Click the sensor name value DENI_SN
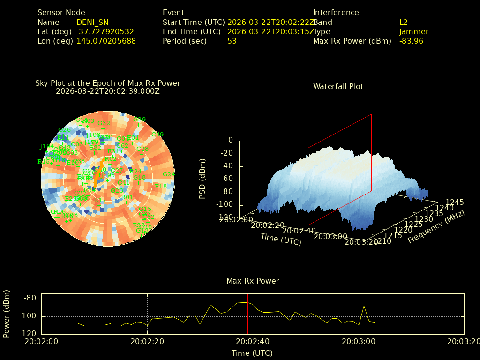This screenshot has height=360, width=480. point(92,22)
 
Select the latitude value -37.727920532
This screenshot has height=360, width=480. point(105,31)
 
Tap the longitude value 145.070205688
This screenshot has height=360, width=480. point(106,41)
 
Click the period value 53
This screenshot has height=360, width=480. point(232,41)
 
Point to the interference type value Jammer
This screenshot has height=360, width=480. point(414,31)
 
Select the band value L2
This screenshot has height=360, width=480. point(404,22)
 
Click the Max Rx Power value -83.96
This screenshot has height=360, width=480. point(411,41)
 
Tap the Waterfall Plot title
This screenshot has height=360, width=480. point(338,86)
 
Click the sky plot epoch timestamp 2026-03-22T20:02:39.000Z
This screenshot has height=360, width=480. point(108,91)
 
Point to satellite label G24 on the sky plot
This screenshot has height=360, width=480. point(169,174)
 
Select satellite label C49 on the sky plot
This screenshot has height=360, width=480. point(157,135)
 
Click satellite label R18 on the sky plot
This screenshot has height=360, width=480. point(161,186)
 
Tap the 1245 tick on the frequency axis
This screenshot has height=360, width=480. point(455,202)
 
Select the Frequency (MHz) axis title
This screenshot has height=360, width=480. point(436,226)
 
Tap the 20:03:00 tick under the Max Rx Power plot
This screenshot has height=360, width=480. point(359,342)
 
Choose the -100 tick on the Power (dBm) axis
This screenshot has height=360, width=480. point(29,316)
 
